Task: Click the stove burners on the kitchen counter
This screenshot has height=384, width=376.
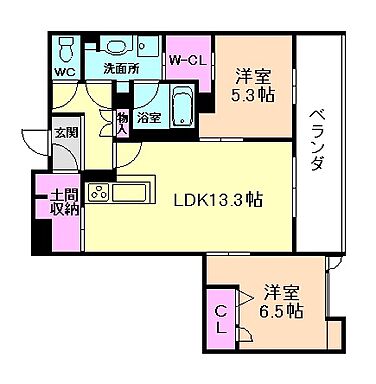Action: click(101, 192)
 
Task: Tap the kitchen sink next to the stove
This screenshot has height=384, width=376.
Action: click(132, 192)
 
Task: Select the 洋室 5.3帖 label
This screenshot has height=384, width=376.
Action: click(255, 85)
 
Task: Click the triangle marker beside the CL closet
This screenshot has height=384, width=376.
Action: click(246, 296)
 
